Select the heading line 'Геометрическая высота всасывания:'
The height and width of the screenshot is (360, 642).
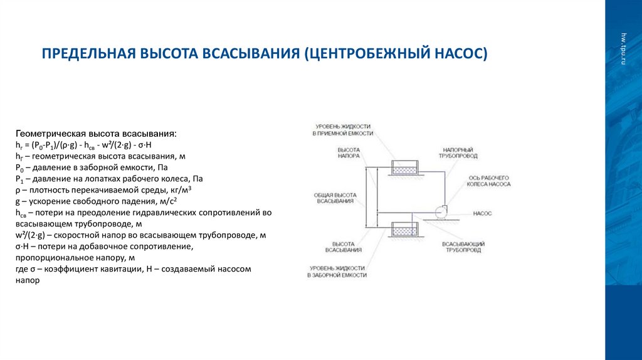point(96,134)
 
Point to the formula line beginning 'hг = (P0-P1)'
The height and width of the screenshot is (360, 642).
point(79,144)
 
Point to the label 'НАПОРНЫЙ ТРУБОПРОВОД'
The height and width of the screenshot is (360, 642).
point(460,153)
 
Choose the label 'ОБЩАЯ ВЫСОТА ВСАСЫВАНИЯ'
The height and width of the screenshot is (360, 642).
point(334,198)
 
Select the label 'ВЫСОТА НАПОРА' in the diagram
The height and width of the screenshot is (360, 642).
point(348,153)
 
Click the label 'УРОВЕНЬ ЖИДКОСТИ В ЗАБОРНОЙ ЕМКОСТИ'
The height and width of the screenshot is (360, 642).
point(337,272)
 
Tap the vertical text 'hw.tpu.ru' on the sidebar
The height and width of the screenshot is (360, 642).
point(624,48)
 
